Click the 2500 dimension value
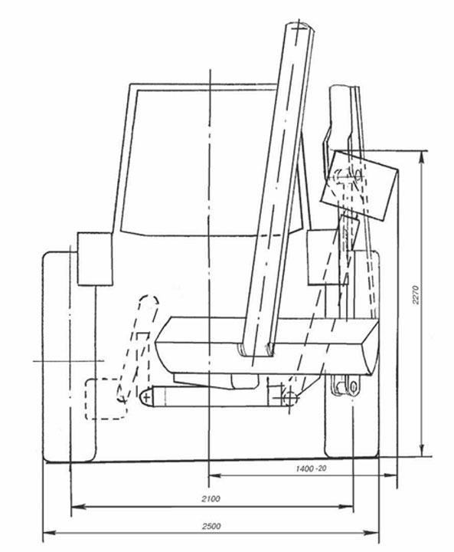[211, 526]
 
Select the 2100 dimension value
[211, 498]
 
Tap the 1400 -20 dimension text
[311, 468]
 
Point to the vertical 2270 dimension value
[416, 294]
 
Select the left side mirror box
[95, 259]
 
